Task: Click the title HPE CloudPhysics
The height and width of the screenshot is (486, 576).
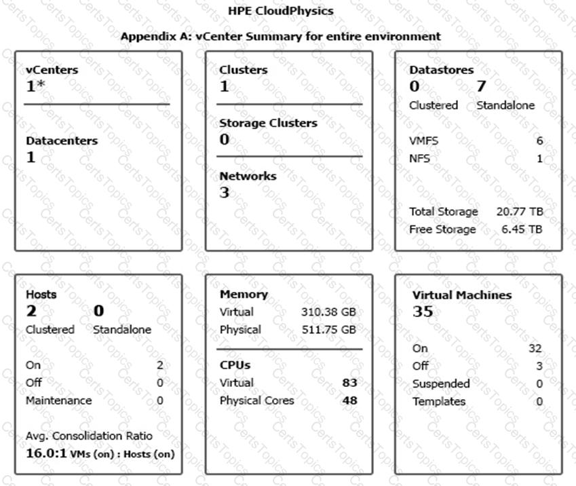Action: click(281, 11)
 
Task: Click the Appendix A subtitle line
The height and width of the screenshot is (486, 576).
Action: click(281, 36)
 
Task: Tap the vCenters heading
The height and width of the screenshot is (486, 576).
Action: click(52, 70)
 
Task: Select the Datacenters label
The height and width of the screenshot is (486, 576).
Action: click(62, 141)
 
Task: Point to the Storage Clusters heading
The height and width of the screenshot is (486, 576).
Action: click(268, 124)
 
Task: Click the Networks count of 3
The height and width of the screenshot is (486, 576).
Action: click(225, 193)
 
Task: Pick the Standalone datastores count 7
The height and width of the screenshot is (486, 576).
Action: click(482, 87)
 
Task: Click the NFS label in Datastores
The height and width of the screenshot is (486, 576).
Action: click(419, 159)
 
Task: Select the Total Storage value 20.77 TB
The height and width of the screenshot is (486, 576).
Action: click(520, 212)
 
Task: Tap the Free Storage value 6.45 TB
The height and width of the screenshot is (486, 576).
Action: click(522, 229)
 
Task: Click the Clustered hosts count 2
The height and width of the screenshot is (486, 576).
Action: click(31, 312)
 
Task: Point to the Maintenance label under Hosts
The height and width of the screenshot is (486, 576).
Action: click(58, 400)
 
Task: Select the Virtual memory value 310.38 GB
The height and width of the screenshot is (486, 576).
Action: click(328, 312)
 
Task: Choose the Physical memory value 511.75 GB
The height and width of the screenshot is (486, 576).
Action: click(328, 330)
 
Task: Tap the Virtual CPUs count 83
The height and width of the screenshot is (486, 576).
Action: click(349, 383)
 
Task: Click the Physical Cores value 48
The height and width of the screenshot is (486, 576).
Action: click(349, 400)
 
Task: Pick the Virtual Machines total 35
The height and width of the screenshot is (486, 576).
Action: click(423, 312)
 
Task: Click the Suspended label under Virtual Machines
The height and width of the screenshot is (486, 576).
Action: click(441, 384)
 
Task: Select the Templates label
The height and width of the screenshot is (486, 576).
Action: click(439, 401)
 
